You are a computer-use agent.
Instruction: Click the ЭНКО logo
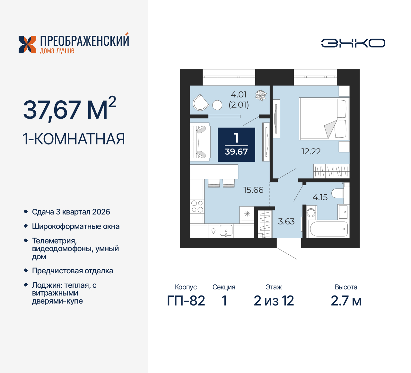tap(353, 43)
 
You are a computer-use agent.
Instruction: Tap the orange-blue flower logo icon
tap(27, 44)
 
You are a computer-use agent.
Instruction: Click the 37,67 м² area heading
tap(69, 109)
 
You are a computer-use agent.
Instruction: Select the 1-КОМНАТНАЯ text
tap(74, 139)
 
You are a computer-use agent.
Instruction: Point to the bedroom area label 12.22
tap(311, 151)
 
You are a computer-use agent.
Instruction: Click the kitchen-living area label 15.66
tap(253, 190)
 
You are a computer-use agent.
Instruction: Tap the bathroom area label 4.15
tap(320, 197)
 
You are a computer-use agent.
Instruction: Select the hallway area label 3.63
tap(286, 222)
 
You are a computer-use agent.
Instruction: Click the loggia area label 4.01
tap(239, 95)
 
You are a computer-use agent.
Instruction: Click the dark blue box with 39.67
tap(236, 145)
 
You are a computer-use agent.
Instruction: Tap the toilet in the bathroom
tap(338, 193)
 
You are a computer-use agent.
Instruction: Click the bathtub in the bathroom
tap(328, 229)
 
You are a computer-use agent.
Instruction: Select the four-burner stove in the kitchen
tap(197, 206)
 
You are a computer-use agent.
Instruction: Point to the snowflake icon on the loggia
tap(260, 95)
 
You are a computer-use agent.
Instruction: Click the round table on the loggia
tap(217, 105)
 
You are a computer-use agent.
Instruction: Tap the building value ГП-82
tap(186, 301)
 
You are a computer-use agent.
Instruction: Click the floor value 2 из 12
tap(274, 301)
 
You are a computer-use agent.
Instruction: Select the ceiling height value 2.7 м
tap(346, 301)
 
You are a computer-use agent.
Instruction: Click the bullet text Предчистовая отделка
tap(73, 271)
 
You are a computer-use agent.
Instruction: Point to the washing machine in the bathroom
tap(311, 213)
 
